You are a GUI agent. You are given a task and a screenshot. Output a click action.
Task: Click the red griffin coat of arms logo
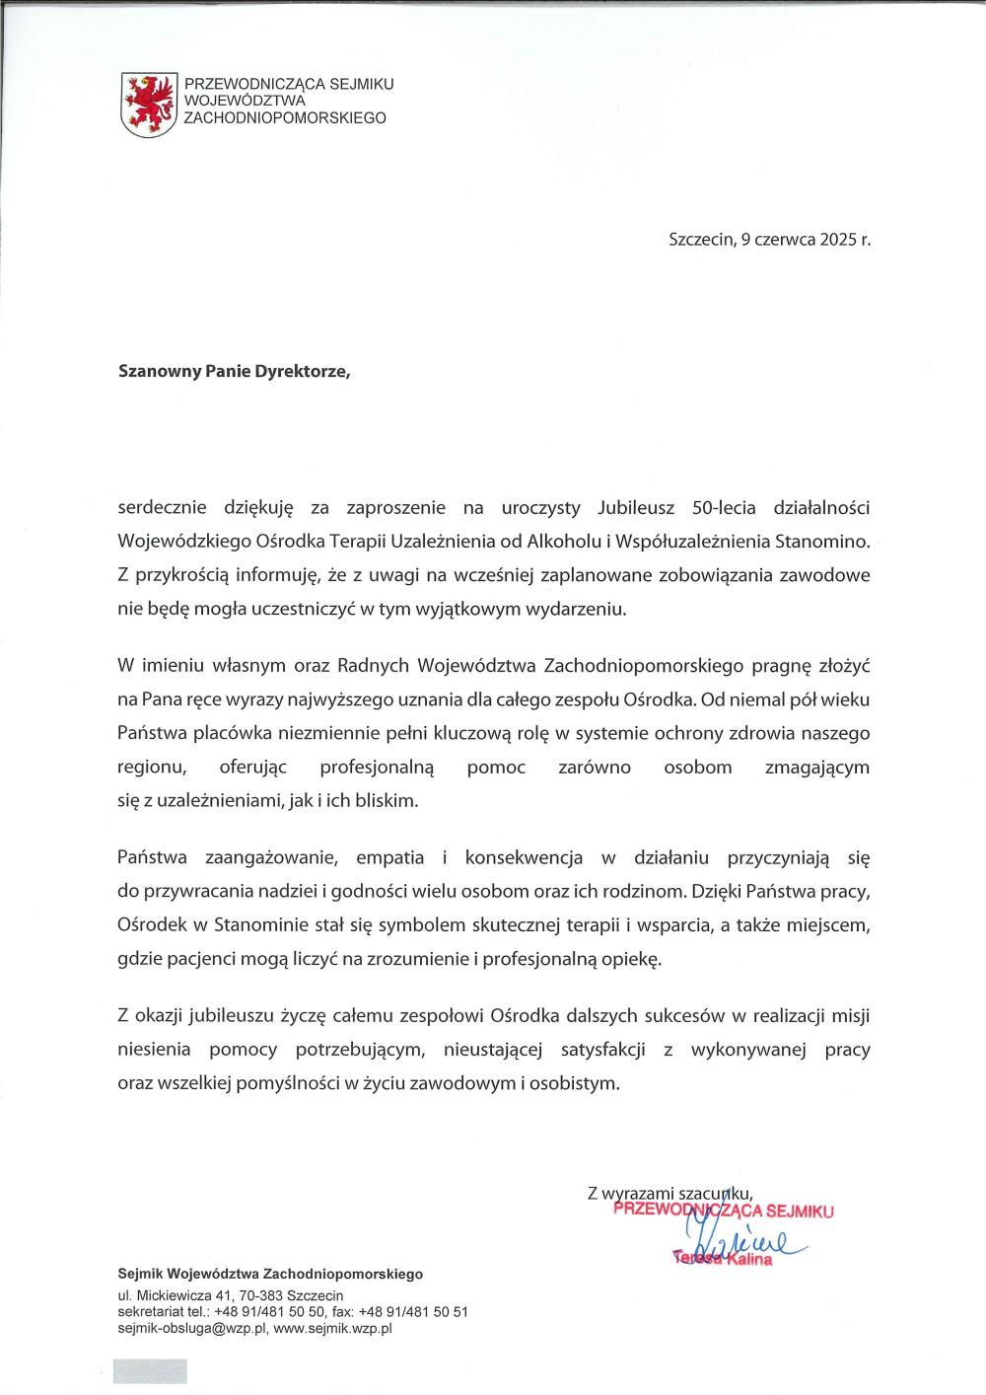click(148, 104)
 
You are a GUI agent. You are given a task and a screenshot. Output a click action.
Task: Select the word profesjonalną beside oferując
click(384, 768)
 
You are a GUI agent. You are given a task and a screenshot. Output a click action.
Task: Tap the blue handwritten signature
click(744, 1239)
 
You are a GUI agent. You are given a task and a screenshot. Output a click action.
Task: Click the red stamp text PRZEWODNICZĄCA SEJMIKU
click(723, 1211)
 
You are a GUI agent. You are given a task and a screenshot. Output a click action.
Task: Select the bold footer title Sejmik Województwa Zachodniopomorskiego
click(270, 1274)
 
